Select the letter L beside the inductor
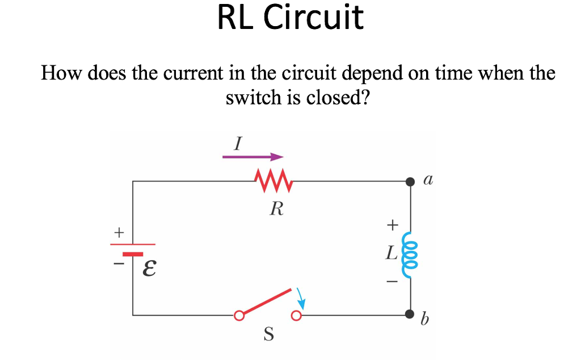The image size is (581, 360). click(x=391, y=254)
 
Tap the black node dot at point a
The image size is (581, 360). click(x=410, y=182)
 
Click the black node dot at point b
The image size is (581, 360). click(x=410, y=315)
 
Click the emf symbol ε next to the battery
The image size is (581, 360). click(x=149, y=267)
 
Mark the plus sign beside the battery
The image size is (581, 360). click(x=119, y=232)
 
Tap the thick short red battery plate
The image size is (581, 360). click(x=133, y=254)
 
